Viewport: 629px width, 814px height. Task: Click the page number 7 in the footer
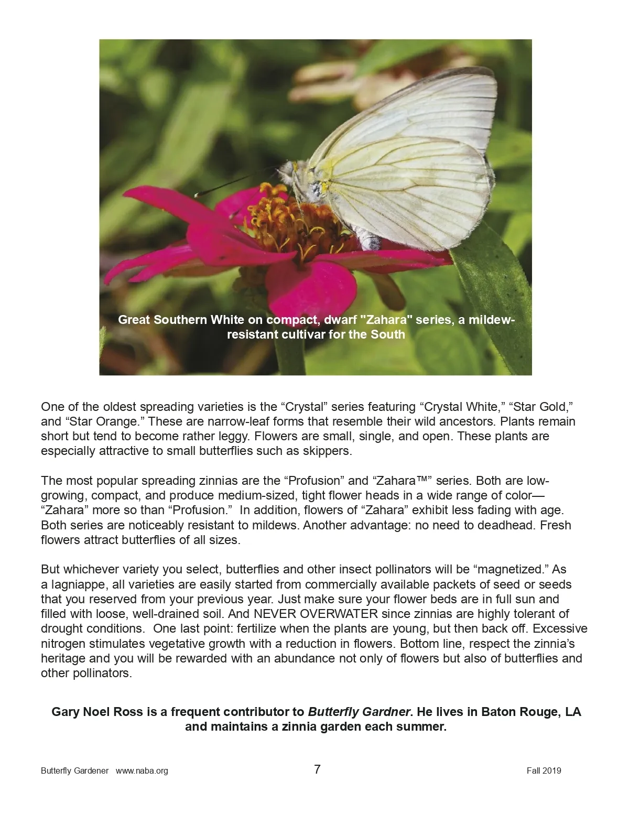click(x=317, y=769)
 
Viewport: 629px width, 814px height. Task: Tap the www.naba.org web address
click(x=142, y=770)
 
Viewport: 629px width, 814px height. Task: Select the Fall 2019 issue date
click(x=544, y=770)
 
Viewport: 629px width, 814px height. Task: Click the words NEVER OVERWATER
click(x=316, y=614)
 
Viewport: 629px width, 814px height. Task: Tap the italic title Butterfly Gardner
click(x=359, y=712)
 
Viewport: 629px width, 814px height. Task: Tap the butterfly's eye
click(x=287, y=169)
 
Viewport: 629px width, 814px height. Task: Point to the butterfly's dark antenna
click(x=231, y=183)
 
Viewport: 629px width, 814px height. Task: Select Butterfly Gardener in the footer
click(x=75, y=770)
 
